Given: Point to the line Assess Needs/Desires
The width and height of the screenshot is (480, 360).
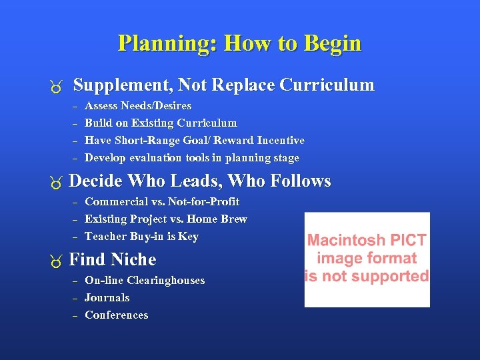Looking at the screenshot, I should coord(138,106).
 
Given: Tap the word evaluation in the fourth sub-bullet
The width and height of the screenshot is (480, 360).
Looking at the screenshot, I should coord(159,158).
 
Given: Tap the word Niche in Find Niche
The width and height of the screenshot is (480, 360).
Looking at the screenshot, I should coord(133,259).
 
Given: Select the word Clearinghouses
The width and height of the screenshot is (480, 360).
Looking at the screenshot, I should coord(166,281).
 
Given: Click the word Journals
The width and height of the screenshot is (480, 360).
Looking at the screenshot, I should coord(107,298).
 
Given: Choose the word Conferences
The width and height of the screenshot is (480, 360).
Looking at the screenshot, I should coord(117,315).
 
